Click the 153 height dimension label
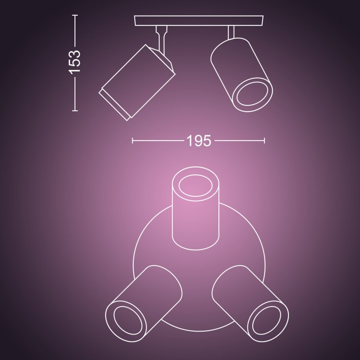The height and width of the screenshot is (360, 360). pyautogui.click(x=74, y=62)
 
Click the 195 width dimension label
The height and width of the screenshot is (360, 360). pyautogui.click(x=198, y=141)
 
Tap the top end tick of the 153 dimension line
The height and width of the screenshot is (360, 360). pyautogui.click(x=75, y=15)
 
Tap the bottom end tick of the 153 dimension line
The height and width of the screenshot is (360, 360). pyautogui.click(x=75, y=111)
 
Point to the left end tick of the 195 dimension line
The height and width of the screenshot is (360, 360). pyautogui.click(x=133, y=141)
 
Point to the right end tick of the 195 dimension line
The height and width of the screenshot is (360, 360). pyautogui.click(x=264, y=141)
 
